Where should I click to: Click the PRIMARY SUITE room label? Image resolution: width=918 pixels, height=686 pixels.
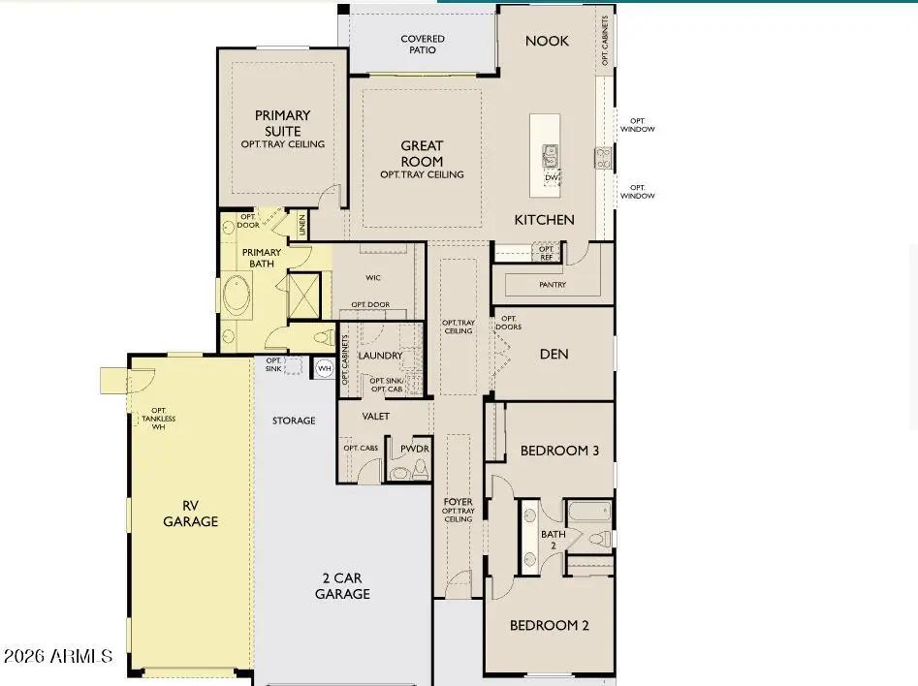coord(282,123)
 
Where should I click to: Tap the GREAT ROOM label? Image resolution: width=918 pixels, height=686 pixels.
coord(422,154)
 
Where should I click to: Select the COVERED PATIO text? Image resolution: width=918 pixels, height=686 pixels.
coord(423,45)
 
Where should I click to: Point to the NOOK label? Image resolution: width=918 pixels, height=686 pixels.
coord(547,41)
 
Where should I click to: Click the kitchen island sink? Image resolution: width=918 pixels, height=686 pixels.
coord(550,153)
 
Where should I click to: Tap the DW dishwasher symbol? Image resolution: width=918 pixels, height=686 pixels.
coord(551,177)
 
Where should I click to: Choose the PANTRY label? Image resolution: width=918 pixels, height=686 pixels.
coord(552,285)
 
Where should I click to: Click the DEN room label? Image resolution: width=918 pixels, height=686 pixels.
coord(554,354)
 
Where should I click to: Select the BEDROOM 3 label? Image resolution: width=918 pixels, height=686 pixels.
coord(559,451)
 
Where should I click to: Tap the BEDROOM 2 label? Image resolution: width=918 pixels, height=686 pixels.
coord(550,625)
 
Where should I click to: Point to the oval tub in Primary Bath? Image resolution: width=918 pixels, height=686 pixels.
coord(236,296)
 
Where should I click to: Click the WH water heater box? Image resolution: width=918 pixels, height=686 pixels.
coord(324,368)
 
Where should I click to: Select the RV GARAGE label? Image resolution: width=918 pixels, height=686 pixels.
coord(190,513)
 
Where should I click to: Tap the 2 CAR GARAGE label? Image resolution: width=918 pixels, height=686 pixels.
coord(342,586)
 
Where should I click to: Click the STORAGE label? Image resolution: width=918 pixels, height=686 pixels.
coord(294,421)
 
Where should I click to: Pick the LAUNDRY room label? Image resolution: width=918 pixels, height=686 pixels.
coord(380,356)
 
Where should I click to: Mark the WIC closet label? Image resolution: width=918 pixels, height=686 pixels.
coord(373,278)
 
